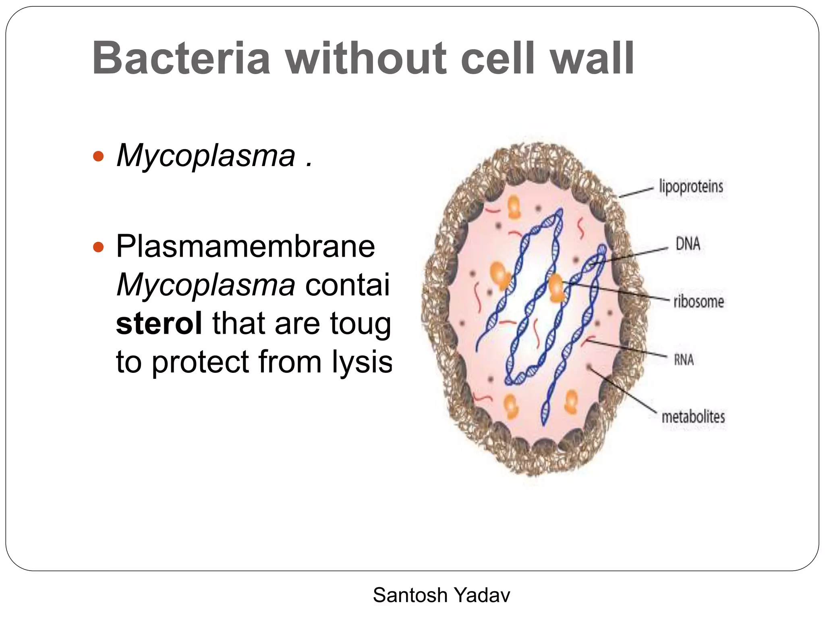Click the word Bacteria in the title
(181, 58)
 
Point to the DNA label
(688, 244)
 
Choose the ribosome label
(699, 301)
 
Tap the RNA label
(684, 359)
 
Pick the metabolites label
(693, 417)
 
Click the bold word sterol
(159, 323)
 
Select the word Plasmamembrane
(245, 246)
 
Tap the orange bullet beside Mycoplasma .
(98, 156)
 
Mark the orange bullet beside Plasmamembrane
(98, 247)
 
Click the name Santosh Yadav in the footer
(442, 595)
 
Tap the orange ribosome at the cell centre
(556, 288)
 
